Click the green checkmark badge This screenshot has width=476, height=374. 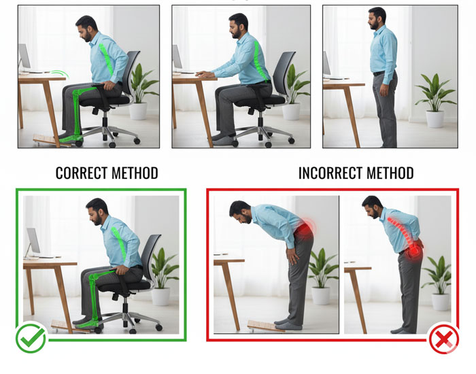[x=31, y=338]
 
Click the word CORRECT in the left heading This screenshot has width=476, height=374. [x=82, y=173]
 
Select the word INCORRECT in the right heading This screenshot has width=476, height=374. [x=330, y=173]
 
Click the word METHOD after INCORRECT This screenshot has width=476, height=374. [x=390, y=173]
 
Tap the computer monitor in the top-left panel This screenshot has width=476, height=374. [x=24, y=56]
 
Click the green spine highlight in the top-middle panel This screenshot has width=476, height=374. [x=259, y=61]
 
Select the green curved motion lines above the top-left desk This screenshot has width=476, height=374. [x=59, y=73]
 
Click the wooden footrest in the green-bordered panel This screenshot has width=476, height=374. [x=71, y=326]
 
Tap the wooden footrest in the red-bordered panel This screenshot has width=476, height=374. [x=266, y=326]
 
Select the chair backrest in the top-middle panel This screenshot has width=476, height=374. [x=284, y=73]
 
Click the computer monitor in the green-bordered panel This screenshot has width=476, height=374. [x=33, y=241]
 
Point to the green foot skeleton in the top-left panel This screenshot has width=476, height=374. [x=71, y=139]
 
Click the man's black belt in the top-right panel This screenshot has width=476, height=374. [x=379, y=73]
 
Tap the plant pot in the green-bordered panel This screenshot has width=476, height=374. [x=160, y=296]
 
